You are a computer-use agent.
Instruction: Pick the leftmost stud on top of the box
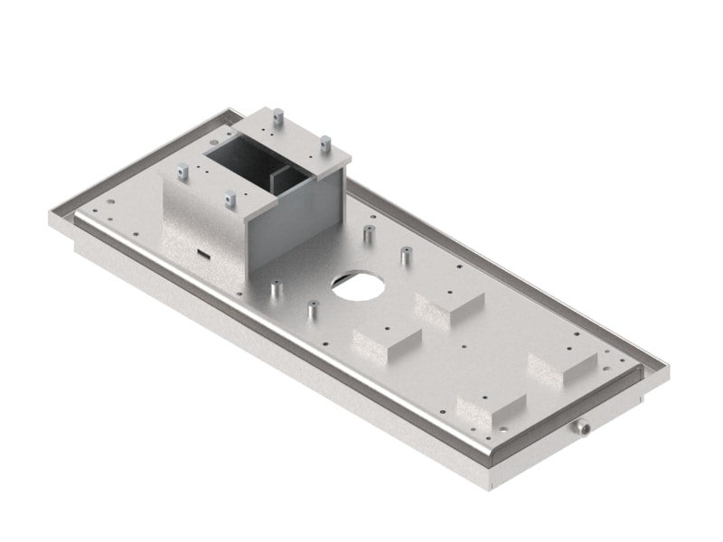click(x=183, y=170)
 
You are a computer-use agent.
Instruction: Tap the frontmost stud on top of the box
click(x=230, y=197)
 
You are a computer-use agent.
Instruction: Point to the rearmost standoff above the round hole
click(x=369, y=234)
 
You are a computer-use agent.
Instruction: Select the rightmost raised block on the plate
click(x=562, y=367)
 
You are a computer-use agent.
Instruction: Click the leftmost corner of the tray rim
click(x=52, y=219)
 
